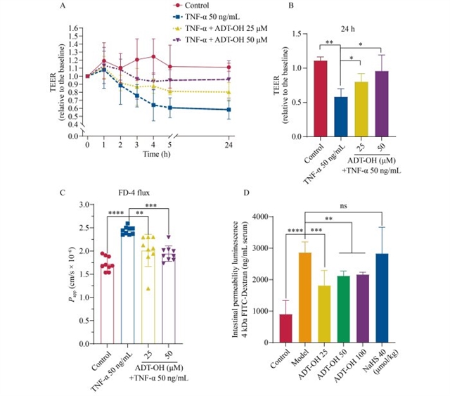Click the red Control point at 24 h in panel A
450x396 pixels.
point(229,67)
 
